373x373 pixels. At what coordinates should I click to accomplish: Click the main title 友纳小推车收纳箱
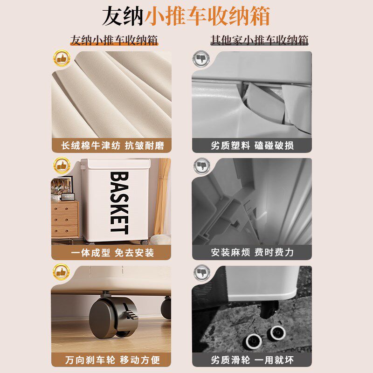click(x=186, y=16)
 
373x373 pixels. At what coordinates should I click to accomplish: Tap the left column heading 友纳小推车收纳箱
click(x=114, y=40)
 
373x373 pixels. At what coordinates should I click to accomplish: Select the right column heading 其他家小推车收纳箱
click(x=259, y=40)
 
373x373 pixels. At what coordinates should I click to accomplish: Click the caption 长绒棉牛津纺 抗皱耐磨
click(x=112, y=145)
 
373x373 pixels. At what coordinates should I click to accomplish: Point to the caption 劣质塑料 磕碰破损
click(x=252, y=145)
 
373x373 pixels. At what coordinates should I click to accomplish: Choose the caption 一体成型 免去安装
click(x=112, y=253)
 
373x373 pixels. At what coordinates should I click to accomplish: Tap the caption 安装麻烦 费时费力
click(x=252, y=253)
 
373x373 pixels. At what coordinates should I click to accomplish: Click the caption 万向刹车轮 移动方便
click(x=112, y=360)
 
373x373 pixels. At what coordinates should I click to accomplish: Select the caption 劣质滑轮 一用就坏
click(x=252, y=360)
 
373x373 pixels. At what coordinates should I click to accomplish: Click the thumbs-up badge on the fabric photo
click(x=61, y=59)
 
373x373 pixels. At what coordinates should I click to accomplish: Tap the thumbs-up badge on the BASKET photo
click(x=61, y=165)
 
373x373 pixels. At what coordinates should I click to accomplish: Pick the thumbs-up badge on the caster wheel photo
click(x=61, y=271)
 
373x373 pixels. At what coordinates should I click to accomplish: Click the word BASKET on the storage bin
click(x=119, y=202)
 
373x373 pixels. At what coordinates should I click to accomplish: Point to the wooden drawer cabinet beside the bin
click(x=64, y=219)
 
